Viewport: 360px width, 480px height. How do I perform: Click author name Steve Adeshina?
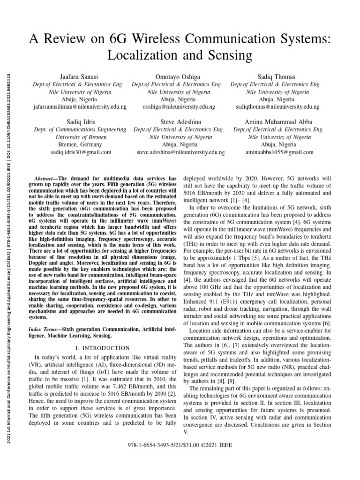coord(180,121)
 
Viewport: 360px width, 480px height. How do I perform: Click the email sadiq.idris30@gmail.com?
coord(81,152)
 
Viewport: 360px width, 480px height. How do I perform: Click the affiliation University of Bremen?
coord(81,137)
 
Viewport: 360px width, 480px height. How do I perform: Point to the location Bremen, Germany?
coord(81,145)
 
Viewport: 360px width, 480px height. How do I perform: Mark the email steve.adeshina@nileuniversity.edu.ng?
coord(180,152)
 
